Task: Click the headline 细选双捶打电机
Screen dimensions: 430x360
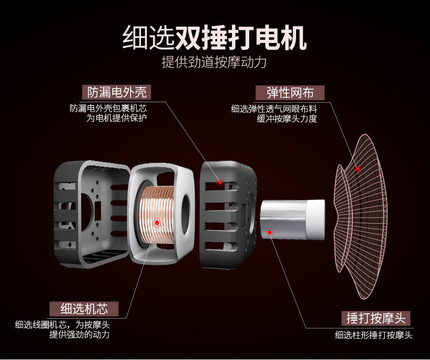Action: pos(214,36)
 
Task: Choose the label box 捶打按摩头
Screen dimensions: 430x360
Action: pos(375,318)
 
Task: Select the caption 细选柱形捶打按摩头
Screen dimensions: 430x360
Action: pos(373,336)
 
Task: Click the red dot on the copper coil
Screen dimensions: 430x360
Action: pos(157,222)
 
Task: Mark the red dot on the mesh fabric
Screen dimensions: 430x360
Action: pos(358,169)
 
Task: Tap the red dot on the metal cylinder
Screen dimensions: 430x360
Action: pos(269,232)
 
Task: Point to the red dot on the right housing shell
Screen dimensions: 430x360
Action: pos(220,182)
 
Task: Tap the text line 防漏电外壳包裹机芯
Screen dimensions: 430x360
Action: pos(109,108)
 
